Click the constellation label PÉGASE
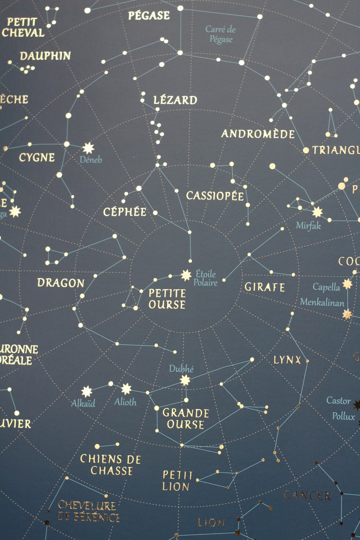(x=149, y=15)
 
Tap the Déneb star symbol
(x=88, y=148)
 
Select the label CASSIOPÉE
(x=215, y=196)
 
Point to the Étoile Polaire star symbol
(x=186, y=275)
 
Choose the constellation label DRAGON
(x=61, y=283)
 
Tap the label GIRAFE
(x=265, y=287)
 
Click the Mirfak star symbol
(x=317, y=212)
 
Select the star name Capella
(x=326, y=287)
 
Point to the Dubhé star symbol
(x=185, y=380)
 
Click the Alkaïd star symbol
(x=87, y=391)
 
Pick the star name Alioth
(x=125, y=402)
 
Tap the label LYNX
(x=287, y=360)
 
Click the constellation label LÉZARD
(x=175, y=100)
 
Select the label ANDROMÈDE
(x=258, y=134)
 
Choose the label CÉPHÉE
(x=125, y=212)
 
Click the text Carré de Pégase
(x=221, y=34)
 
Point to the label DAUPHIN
(x=45, y=56)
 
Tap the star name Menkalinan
(x=322, y=302)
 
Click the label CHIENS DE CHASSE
(x=111, y=465)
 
